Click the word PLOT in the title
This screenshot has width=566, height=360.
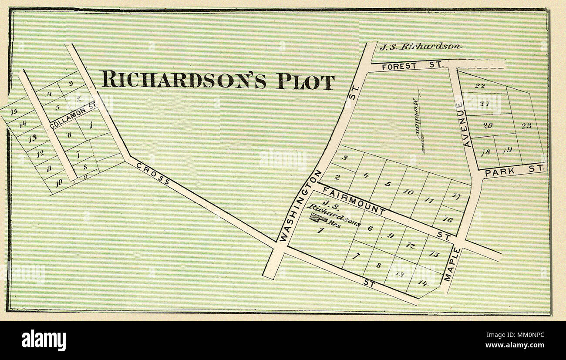tap(306, 81)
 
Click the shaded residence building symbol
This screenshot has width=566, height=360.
tap(319, 219)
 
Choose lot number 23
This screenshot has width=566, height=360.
tap(526, 126)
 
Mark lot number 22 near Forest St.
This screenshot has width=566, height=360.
tap(479, 86)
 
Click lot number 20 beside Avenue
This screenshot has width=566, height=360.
tap(487, 125)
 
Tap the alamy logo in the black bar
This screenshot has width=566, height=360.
tap(44, 340)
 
